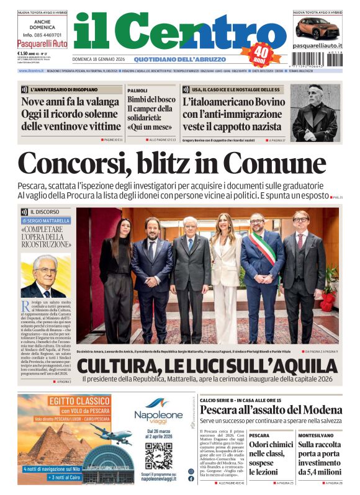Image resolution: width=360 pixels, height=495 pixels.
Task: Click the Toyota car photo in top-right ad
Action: [317, 27]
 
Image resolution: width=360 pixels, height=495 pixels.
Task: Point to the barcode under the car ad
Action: [317, 59]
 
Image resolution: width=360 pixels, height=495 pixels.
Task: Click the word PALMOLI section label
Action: [137, 90]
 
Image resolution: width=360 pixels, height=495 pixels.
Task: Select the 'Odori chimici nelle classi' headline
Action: [271, 454]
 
